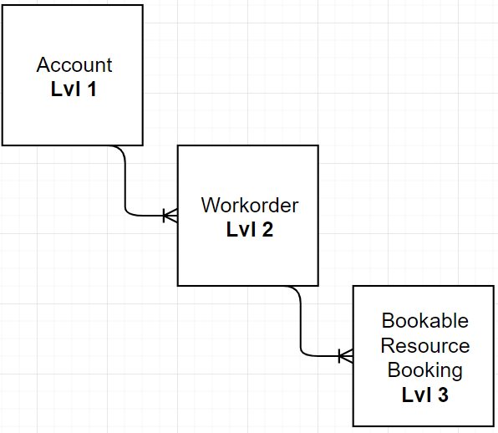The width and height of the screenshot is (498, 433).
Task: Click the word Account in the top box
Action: tap(74, 65)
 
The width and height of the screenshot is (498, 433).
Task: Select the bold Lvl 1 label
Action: tap(74, 89)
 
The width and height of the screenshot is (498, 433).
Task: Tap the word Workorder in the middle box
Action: tap(249, 206)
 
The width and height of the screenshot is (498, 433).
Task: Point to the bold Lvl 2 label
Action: tap(249, 229)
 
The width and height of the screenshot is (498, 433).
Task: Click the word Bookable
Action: tap(424, 321)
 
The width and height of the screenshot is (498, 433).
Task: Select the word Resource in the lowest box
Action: tap(424, 345)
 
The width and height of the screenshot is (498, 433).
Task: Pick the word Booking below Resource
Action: tap(424, 369)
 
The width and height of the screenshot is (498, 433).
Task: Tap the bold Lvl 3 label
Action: tap(424, 394)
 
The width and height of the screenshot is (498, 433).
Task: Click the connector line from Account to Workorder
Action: tap(125, 184)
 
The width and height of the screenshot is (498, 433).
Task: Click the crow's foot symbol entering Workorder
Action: tap(170, 216)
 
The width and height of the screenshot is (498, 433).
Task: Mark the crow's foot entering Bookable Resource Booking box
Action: tap(345, 356)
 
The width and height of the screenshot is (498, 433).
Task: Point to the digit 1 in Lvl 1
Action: tap(90, 89)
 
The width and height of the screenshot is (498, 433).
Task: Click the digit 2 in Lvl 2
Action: tap(267, 229)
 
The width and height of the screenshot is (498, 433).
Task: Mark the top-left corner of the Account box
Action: tap(3, 5)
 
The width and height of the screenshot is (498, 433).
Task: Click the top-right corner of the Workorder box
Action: tap(318, 145)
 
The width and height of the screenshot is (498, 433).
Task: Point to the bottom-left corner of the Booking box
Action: tap(353, 425)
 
